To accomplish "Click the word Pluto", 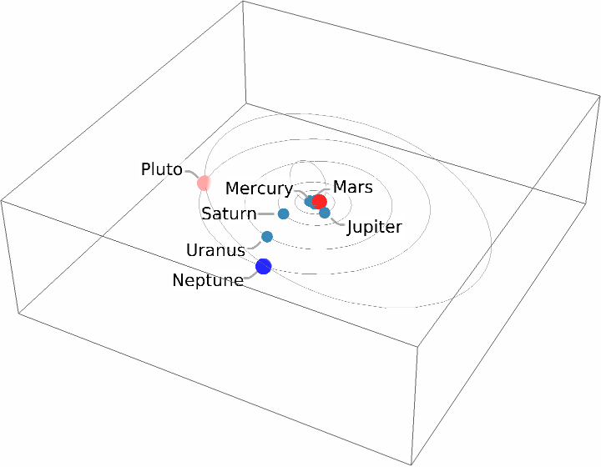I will [x=161, y=170].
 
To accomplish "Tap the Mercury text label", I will [x=259, y=189].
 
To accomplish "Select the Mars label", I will [x=352, y=187].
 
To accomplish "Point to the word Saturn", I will [x=229, y=214].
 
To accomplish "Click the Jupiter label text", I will [x=375, y=227].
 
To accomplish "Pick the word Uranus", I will [x=215, y=250].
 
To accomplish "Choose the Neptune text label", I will [x=207, y=281].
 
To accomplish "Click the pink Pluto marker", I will [x=203, y=182].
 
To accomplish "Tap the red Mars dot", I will [x=319, y=201].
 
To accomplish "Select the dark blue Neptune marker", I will [x=264, y=267].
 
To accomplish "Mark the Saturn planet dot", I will [x=283, y=214].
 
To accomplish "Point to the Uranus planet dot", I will [x=267, y=237].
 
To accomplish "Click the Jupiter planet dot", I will [x=325, y=213].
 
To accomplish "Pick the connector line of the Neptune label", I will [x=250, y=277].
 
